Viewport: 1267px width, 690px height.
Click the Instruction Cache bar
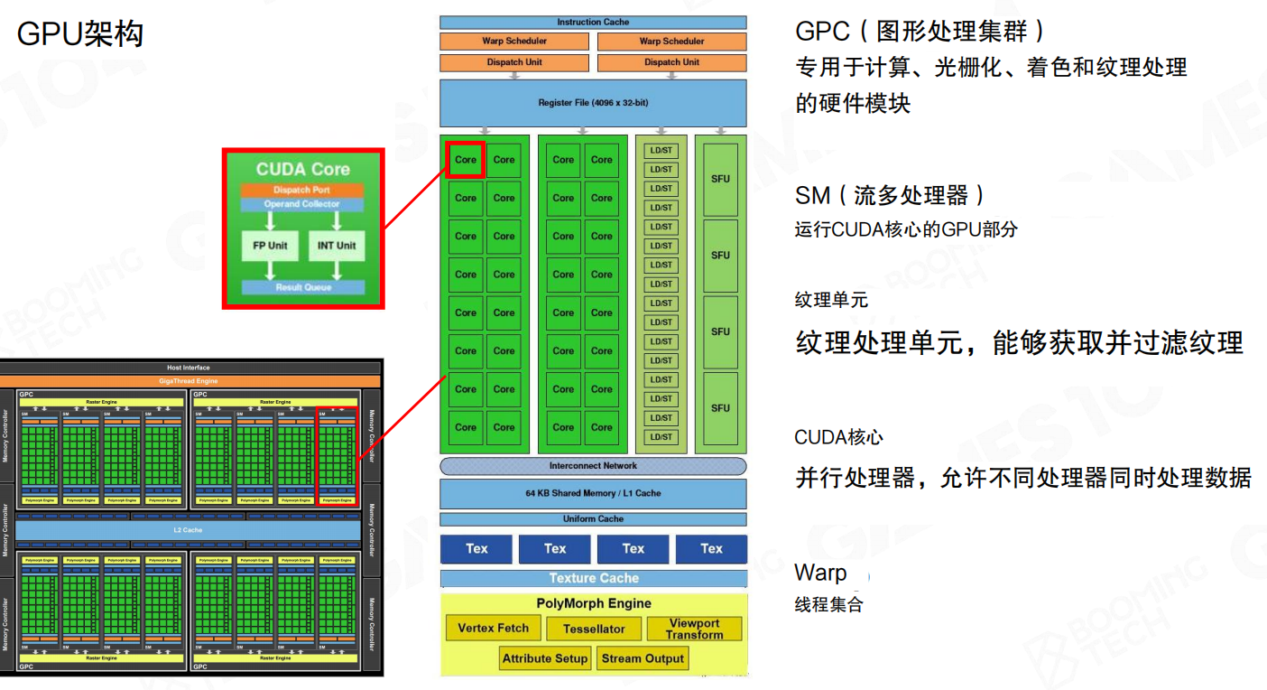(593, 22)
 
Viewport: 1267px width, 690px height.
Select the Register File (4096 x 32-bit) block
(593, 103)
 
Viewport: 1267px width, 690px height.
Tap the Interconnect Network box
(593, 466)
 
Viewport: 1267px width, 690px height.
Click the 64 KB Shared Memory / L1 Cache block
(593, 493)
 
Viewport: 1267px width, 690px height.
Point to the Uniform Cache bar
(593, 519)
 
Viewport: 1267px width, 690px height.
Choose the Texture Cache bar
(594, 578)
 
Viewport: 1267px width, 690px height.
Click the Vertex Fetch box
(493, 628)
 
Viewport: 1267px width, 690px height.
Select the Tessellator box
(594, 629)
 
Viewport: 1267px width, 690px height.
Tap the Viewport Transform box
(694, 629)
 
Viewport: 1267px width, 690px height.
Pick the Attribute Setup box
(545, 658)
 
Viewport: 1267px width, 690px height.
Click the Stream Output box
(643, 658)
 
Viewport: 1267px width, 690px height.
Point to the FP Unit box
(269, 245)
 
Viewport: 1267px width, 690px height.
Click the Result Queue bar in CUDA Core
(303, 287)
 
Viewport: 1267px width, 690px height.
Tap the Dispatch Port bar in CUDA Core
(302, 190)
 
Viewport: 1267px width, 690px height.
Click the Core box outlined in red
(466, 160)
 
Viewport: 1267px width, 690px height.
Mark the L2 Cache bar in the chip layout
(188, 530)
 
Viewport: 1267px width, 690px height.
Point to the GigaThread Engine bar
(188, 381)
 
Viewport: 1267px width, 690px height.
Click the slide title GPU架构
(80, 34)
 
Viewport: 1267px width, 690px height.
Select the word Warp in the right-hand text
(820, 573)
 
